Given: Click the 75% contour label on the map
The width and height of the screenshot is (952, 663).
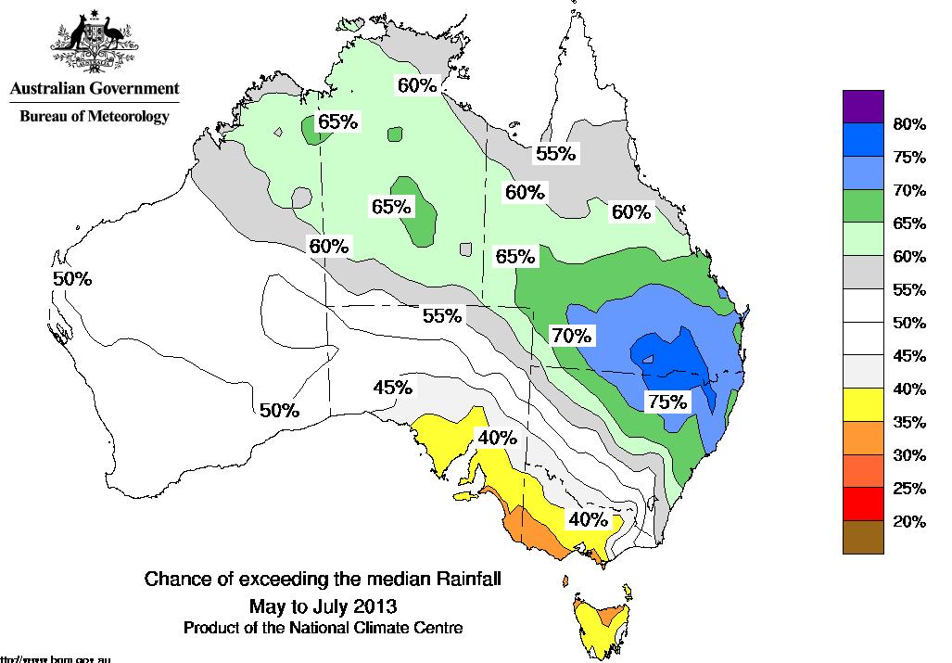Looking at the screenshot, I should (667, 402).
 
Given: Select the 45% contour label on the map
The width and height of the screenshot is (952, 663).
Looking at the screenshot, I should (392, 388).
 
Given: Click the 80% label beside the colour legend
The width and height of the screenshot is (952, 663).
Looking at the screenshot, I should (909, 124).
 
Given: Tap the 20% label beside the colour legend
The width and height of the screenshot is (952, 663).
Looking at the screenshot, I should (909, 521).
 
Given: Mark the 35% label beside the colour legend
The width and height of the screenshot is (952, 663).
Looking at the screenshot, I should (909, 422).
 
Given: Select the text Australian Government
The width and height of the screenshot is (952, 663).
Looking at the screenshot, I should (94, 89).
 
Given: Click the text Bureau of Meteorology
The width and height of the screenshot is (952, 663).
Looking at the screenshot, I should (95, 117).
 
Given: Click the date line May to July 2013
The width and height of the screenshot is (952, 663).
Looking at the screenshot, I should (323, 607).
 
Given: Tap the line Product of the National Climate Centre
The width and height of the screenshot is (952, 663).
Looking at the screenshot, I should (323, 628).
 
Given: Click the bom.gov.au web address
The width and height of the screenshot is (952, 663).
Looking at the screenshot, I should (56, 658).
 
